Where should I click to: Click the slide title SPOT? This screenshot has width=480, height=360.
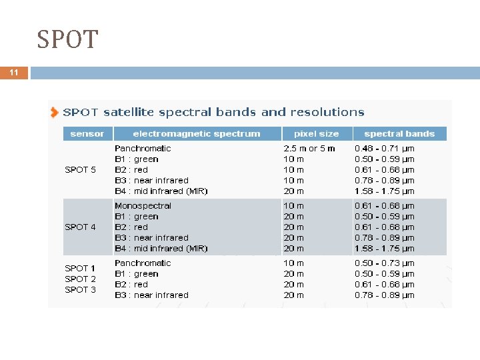pos(67,39)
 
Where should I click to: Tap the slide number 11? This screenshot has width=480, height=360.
pos(14,73)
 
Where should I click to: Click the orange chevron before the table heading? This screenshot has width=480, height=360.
pos(54,113)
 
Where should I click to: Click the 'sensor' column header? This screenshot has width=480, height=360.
pos(87,133)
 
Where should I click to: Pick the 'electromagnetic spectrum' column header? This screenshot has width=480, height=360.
pos(196,133)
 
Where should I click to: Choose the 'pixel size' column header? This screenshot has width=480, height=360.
pos(316,133)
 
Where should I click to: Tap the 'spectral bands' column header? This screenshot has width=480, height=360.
pos(399,133)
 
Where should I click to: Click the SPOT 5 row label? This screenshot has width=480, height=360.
pos(80,169)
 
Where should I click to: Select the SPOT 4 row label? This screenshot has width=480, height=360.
pos(80,227)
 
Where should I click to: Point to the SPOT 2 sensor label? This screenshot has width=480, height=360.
pos(80,279)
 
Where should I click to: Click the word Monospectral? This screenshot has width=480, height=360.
pos(143,205)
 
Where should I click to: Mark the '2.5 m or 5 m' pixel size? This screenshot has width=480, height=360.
pos(309,148)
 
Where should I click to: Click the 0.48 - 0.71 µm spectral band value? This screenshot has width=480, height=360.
pos(384,148)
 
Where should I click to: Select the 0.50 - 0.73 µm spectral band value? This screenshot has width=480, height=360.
pos(384,263)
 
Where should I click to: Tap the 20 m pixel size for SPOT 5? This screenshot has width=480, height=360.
pos(294,191)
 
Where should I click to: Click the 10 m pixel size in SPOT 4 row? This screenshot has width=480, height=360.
pos(294,205)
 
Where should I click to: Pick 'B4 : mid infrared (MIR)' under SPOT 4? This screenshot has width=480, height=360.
pos(161,248)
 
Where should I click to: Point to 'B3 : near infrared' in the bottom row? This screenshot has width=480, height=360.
pos(151,295)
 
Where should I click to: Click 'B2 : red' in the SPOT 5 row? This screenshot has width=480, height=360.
pos(131,169)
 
